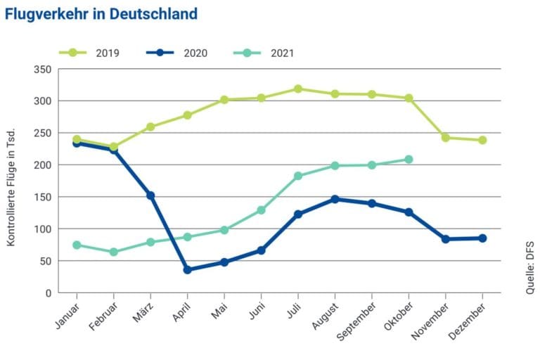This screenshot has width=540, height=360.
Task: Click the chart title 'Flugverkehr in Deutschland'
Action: (101, 14)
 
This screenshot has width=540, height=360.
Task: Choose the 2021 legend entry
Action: (265, 53)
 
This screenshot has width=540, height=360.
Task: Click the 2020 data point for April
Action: (187, 270)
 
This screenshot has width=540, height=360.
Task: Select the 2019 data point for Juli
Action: (298, 89)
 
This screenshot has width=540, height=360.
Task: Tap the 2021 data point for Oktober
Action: (409, 160)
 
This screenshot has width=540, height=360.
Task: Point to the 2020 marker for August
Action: (335, 199)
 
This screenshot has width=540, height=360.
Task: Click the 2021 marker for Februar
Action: (113, 252)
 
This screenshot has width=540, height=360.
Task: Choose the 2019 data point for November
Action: (446, 138)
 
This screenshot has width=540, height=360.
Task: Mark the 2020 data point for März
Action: (150, 195)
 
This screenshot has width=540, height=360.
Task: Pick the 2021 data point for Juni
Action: (261, 210)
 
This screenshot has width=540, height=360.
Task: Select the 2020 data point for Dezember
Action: (482, 238)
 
